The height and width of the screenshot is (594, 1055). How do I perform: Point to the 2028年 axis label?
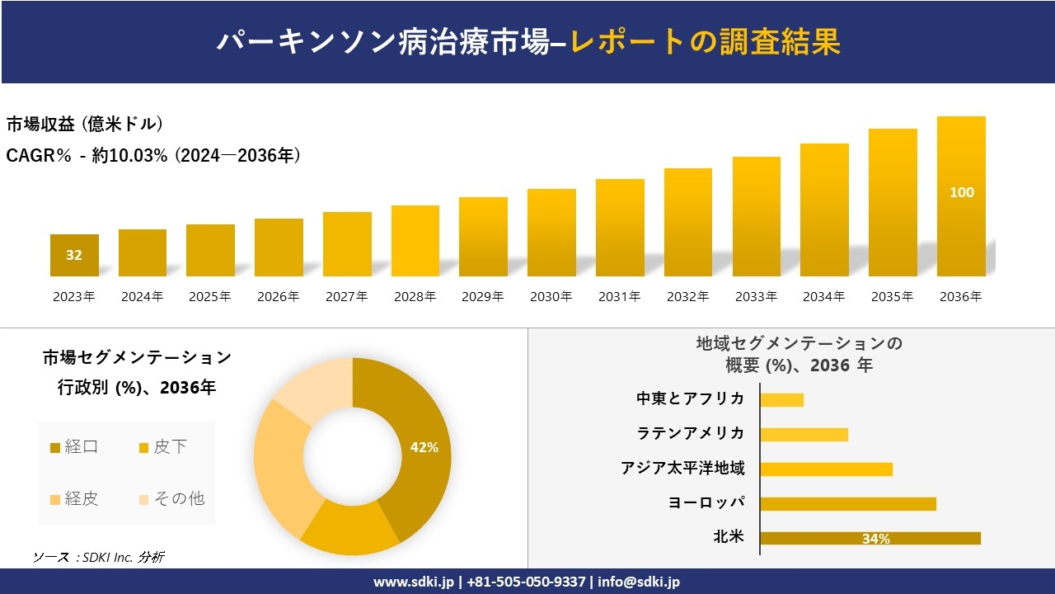[x=415, y=297]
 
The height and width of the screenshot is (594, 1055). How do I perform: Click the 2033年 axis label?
[x=756, y=297]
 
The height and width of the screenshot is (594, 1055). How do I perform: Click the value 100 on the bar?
[x=961, y=192]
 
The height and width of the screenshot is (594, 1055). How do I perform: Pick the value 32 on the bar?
[x=74, y=255]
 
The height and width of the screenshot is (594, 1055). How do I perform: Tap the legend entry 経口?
[x=74, y=447]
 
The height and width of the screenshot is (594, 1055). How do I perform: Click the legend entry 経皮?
[x=74, y=498]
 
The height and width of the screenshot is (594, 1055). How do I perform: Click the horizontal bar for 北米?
[x=870, y=538]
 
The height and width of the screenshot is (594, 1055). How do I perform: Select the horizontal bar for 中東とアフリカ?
[x=781, y=399]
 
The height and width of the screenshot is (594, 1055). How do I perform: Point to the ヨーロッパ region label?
[x=706, y=503]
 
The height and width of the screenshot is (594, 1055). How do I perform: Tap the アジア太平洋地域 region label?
[x=682, y=469]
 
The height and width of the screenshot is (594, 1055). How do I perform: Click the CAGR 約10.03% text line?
[x=153, y=155]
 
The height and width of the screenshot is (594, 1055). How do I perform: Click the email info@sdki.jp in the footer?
[x=640, y=582]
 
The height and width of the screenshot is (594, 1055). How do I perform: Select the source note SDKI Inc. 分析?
[x=99, y=557]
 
